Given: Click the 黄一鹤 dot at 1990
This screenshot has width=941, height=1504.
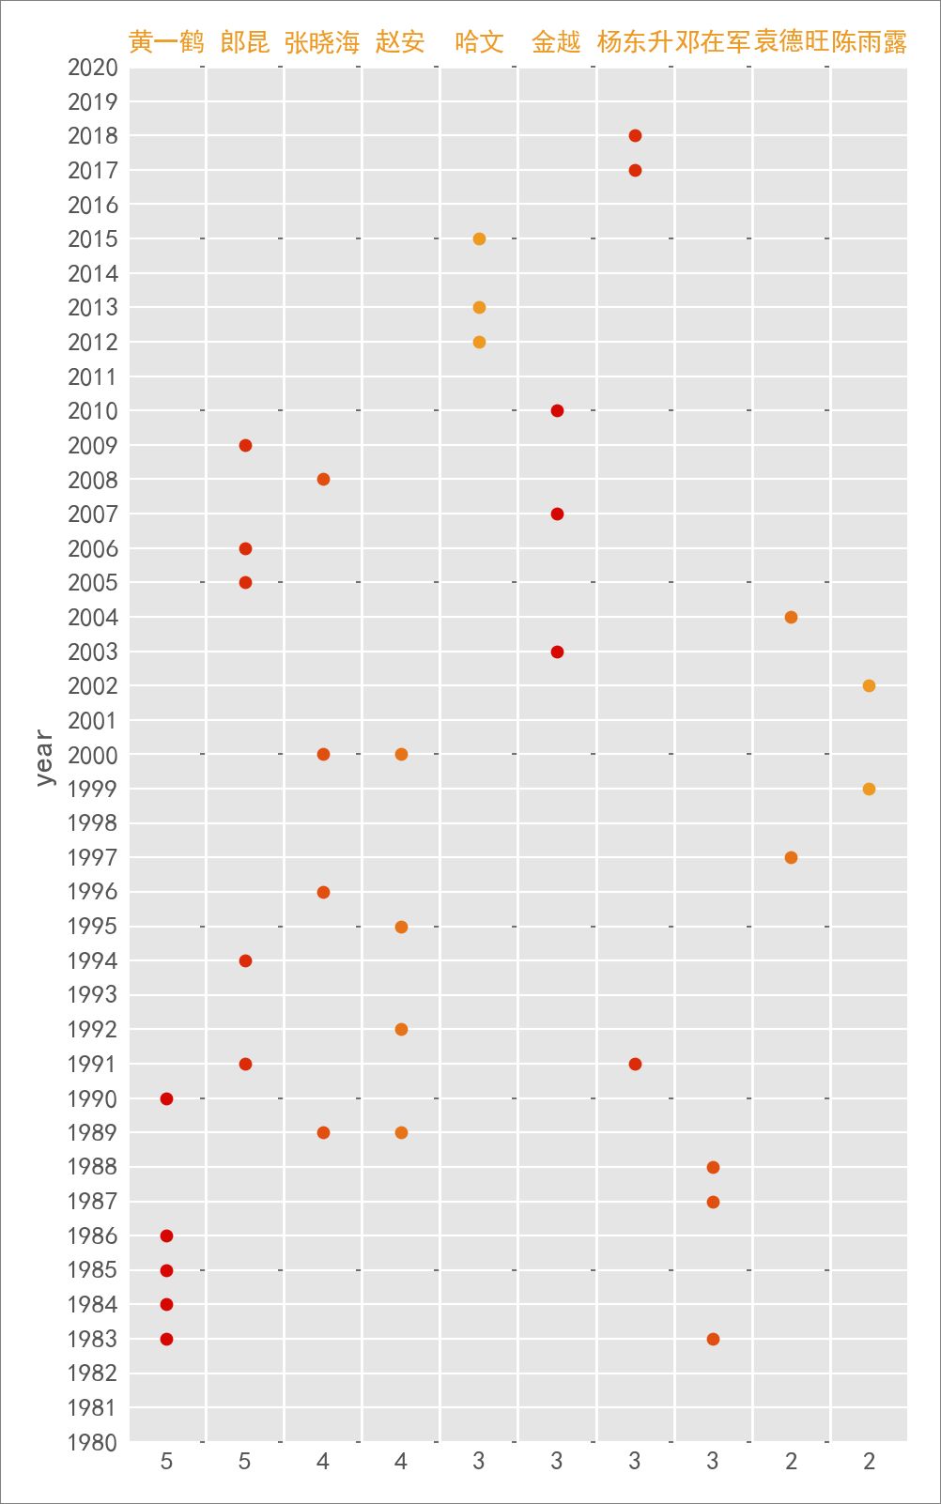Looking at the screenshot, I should [166, 1098].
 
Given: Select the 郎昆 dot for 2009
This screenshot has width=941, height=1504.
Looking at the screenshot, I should [245, 445].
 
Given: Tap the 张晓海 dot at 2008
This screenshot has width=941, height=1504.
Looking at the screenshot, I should [323, 480].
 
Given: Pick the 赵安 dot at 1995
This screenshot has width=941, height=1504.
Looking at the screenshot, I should [401, 927].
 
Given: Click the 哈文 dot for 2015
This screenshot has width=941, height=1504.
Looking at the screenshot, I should [479, 238].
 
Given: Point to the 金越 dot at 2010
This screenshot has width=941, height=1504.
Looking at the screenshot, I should [557, 410].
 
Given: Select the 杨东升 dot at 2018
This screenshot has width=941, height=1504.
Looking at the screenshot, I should [635, 135].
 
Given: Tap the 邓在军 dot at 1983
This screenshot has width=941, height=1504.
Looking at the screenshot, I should [713, 1339].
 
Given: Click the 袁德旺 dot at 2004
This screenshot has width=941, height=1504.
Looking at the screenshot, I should [791, 617].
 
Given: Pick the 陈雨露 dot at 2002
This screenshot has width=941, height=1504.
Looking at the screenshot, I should [869, 685].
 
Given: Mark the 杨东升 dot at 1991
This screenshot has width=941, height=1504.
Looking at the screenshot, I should [635, 1064].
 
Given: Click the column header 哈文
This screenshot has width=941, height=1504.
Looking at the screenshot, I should [479, 42].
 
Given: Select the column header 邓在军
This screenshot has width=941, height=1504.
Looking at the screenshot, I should [713, 42].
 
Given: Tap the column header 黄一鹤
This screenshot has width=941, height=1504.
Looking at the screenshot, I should [166, 42].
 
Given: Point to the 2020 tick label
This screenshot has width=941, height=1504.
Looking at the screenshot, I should [93, 68].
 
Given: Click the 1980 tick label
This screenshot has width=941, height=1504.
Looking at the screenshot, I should [93, 1442].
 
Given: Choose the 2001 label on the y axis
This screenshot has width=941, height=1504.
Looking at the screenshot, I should [93, 720].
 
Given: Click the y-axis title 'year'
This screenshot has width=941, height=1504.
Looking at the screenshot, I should [44, 757].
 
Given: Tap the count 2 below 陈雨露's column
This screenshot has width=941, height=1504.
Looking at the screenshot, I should [869, 1461].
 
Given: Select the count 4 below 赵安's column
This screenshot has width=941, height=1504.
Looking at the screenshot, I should [401, 1461].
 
